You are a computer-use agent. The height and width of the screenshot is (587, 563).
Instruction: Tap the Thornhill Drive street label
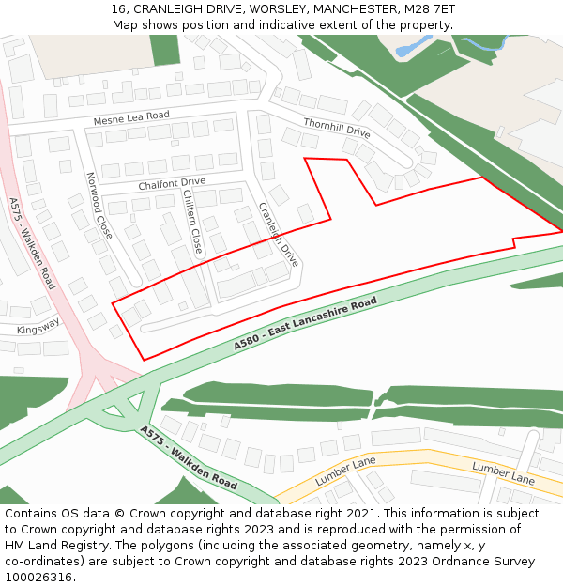[x=336, y=128]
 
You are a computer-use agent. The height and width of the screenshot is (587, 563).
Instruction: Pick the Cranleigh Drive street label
[x=278, y=235]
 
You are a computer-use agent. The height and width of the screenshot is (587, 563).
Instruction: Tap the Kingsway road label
[x=38, y=326]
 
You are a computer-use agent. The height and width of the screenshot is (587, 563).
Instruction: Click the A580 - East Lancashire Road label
[x=305, y=324]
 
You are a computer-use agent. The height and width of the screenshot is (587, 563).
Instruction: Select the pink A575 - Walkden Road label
[x=32, y=242]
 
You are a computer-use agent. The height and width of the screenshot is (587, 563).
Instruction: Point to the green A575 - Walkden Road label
[x=189, y=457]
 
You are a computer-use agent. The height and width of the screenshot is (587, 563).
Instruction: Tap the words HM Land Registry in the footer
[x=57, y=545]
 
